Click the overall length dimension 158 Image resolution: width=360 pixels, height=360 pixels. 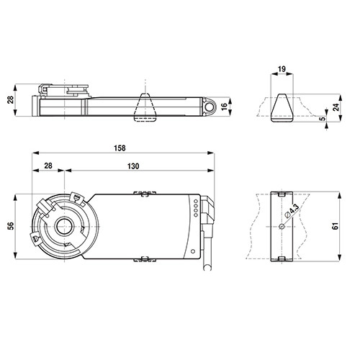pos(120,148)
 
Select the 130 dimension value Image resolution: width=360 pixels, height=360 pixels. pos(133,166)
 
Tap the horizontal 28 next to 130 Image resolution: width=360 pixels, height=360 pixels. pos(48,166)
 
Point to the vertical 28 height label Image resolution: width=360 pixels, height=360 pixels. pos(11,100)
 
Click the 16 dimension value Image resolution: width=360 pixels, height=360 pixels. pos(224,106)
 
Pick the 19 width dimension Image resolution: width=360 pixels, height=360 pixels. pos(282,69)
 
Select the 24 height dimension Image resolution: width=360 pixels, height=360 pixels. pos(336,107)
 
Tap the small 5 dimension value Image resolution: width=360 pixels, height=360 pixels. pos(323,118)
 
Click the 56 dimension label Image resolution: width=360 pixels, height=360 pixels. pos(11,226)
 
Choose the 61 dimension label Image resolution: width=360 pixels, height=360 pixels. pos(335,226)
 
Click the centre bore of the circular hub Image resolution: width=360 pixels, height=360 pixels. pos(64,226)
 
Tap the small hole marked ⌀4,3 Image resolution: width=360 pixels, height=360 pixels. pos(282,226)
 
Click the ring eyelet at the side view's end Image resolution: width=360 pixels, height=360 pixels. pos(210,107)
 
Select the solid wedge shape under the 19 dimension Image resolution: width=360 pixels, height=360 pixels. pos(282,108)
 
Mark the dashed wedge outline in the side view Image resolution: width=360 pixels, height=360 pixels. pos(145,107)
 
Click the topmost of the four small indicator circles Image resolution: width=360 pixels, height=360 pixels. pos(196,201)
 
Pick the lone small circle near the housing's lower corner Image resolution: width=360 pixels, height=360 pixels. pos(192,251)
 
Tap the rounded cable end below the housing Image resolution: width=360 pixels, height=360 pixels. pos(207,268)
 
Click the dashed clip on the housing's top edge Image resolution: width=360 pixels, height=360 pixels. pos(145,193)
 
